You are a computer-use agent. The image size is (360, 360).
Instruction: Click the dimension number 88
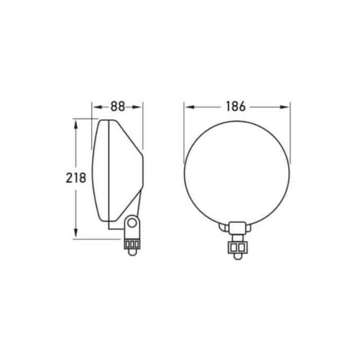[x=118, y=106]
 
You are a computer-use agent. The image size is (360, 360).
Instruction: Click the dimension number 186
[x=236, y=106]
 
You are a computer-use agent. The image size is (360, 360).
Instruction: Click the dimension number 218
[x=76, y=178]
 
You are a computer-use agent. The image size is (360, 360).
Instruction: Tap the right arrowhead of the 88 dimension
[x=137, y=107]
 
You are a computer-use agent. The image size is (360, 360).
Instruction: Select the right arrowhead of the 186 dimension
[x=284, y=107]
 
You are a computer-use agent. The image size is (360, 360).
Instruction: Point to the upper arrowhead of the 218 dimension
[x=76, y=124]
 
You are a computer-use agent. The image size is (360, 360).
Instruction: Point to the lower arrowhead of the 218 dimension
[x=76, y=233]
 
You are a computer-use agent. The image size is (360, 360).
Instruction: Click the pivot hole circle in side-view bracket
[x=132, y=223]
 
